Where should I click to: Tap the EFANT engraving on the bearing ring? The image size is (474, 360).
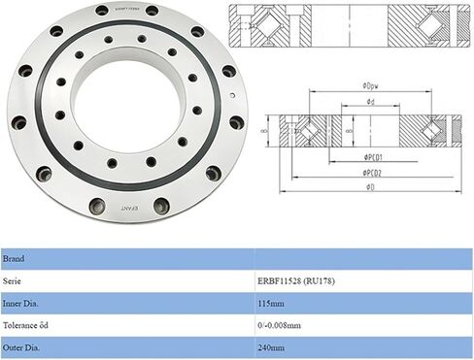tap(131, 208)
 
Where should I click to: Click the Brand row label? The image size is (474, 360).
tap(15, 260)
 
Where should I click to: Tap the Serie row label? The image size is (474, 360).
tap(14, 280)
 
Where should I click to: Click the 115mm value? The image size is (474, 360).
tap(272, 302)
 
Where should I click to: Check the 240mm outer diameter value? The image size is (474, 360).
tap(272, 344)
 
